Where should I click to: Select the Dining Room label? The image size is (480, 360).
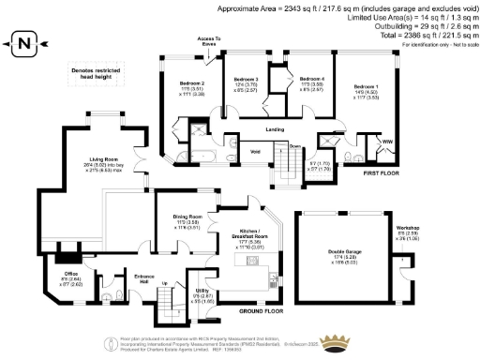(x=188, y=217)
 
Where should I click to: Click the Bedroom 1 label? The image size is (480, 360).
(x=362, y=85)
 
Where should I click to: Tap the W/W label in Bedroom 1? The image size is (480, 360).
(x=386, y=142)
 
